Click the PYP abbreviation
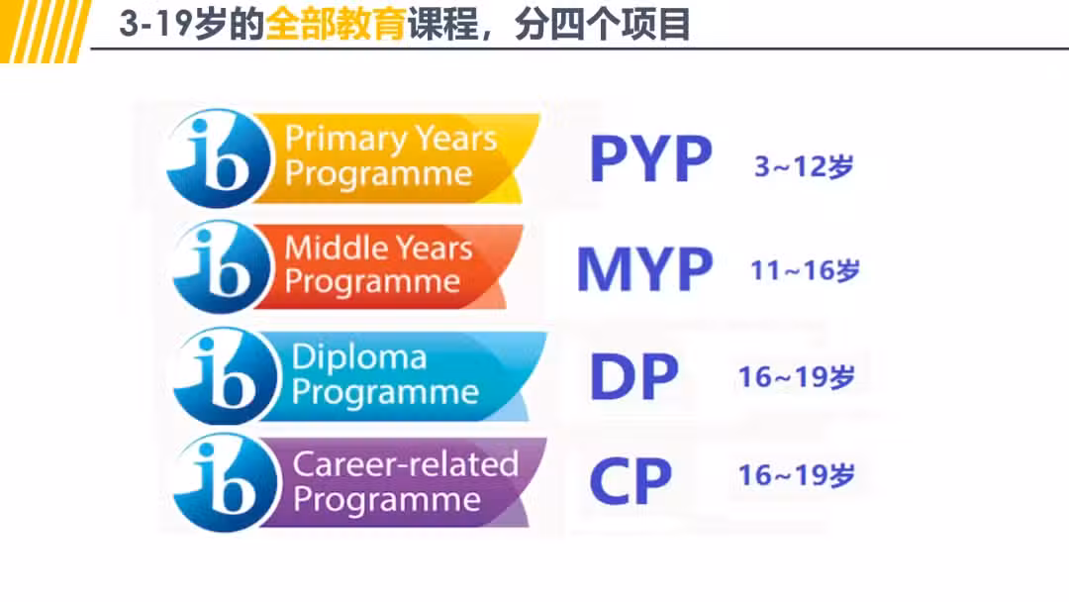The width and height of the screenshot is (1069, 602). pyautogui.click(x=651, y=158)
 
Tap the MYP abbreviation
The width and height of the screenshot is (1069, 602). pyautogui.click(x=645, y=269)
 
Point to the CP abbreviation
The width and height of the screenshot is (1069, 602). pyautogui.click(x=631, y=481)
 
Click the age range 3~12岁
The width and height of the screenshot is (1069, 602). pyautogui.click(x=804, y=166)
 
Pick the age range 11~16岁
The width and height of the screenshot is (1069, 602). pyautogui.click(x=805, y=270)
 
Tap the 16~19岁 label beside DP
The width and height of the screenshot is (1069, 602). pyautogui.click(x=797, y=377)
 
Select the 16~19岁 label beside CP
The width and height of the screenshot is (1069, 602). pyautogui.click(x=797, y=475)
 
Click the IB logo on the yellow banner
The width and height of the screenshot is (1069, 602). pyautogui.click(x=219, y=158)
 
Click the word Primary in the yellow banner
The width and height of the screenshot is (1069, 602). pyautogui.click(x=345, y=139)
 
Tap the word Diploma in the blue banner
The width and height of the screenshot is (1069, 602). pyautogui.click(x=359, y=357)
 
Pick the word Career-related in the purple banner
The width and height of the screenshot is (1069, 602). pyautogui.click(x=406, y=464)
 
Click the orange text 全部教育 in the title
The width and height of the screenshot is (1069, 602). pyautogui.click(x=337, y=25)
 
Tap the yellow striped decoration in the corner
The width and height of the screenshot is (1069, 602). pyautogui.click(x=45, y=32)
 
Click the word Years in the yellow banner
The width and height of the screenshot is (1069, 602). pyautogui.click(x=456, y=138)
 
